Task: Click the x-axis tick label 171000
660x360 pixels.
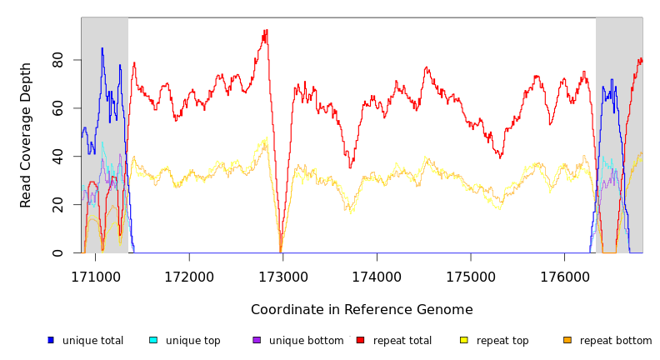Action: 94,276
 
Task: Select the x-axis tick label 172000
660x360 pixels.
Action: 188,276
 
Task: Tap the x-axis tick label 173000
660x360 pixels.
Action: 282,276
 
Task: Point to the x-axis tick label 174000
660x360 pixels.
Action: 377,276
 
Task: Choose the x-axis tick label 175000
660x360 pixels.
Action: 471,276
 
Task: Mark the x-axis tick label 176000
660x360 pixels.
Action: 565,276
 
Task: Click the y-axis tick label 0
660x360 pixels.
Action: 57,252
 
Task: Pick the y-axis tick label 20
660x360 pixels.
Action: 57,204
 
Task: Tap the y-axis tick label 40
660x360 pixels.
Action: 57,156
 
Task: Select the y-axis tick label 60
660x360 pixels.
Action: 57,108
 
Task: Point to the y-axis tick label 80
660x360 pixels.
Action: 57,60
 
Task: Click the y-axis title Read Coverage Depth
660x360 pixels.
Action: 27,135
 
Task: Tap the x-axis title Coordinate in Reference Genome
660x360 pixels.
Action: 362,310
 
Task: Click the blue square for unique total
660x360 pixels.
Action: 51,340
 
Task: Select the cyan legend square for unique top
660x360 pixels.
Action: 153,340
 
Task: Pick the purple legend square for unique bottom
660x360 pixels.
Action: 257,340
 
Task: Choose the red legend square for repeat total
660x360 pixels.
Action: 360,340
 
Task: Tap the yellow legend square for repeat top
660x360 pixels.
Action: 464,340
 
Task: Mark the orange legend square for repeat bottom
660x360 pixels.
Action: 567,340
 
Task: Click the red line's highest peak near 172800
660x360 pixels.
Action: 265,31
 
